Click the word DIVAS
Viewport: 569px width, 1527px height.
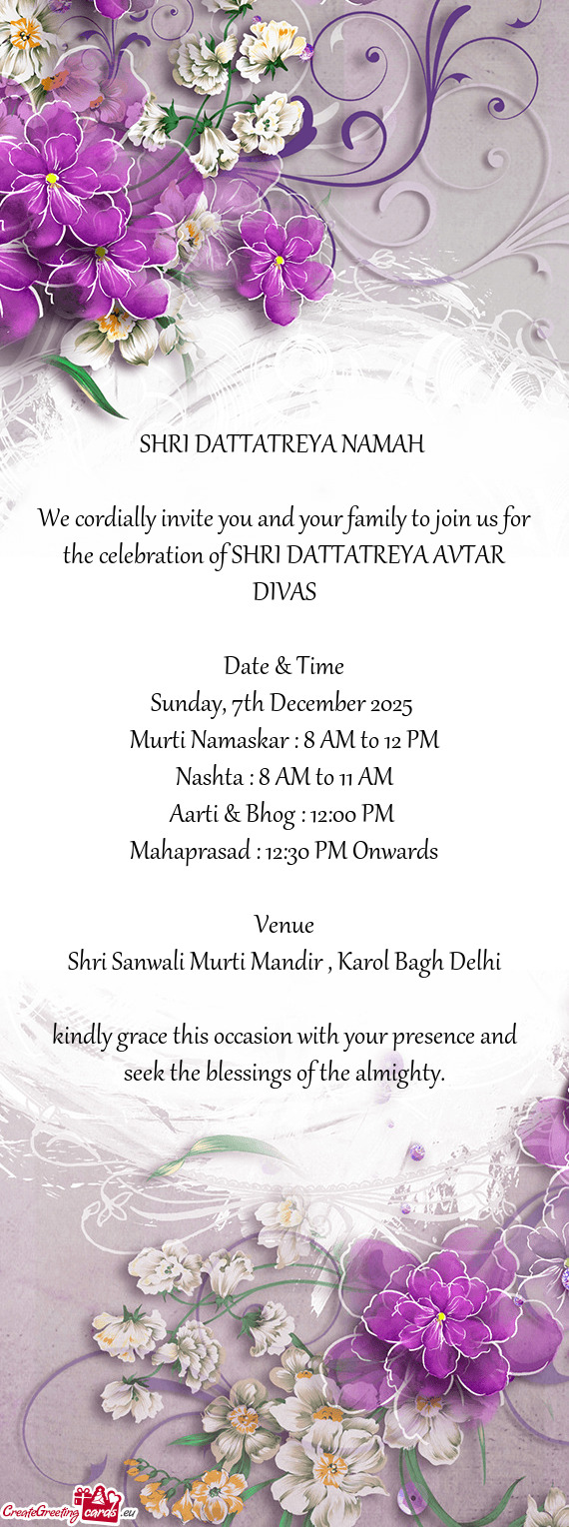point(284,592)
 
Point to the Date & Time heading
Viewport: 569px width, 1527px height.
point(284,666)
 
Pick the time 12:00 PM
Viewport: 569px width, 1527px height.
point(351,814)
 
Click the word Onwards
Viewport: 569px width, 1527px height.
point(395,851)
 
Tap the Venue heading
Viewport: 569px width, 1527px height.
point(284,924)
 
